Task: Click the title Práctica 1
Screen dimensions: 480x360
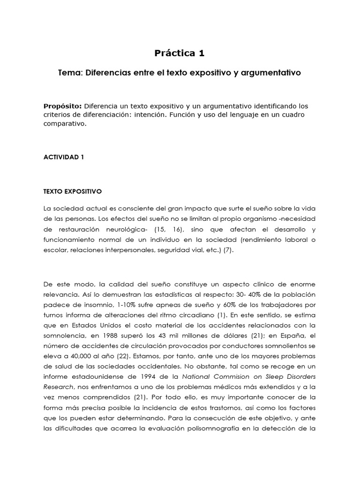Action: [180, 53]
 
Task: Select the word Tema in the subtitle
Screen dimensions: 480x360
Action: [68, 73]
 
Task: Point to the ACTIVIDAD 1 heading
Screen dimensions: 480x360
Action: [63, 157]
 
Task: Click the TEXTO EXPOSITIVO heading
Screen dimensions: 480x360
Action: [72, 192]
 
